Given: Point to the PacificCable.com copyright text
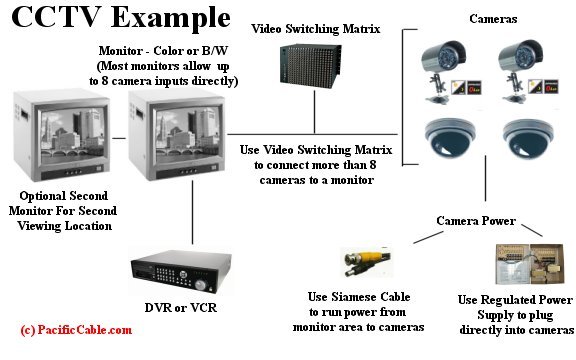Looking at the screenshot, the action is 75,328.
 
